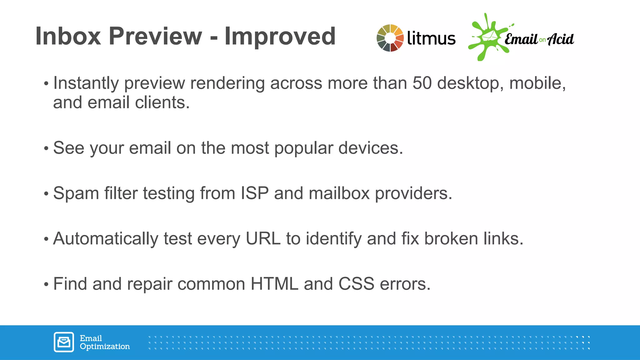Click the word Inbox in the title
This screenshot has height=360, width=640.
coord(68,36)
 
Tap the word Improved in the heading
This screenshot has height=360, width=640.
coord(280,36)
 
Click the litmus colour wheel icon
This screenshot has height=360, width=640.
coord(390,38)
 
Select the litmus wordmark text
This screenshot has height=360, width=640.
coord(431,38)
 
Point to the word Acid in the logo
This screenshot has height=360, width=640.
coord(561,39)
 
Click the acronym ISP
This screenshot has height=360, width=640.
coord(254,193)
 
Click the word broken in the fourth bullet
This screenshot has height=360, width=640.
coord(451,239)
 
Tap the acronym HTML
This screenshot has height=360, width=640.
coord(274,284)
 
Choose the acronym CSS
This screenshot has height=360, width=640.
coord(356,284)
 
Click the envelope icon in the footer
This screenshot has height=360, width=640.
coord(64,342)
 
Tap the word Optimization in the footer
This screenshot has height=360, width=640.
coord(105,347)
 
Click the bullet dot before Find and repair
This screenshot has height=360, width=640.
coord(46,285)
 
